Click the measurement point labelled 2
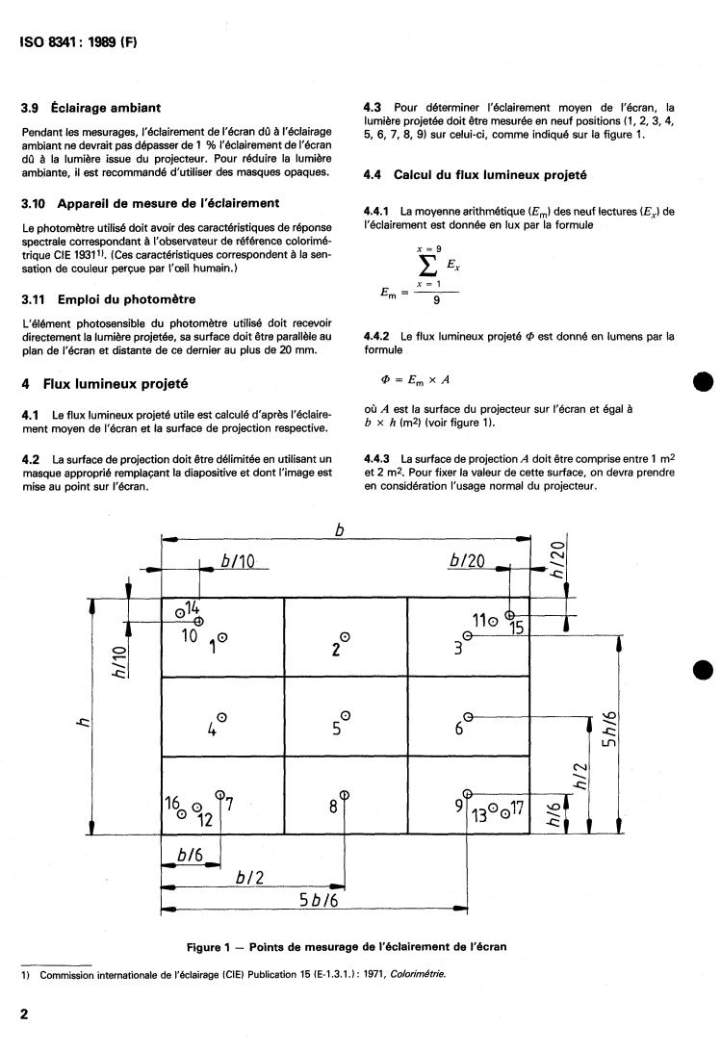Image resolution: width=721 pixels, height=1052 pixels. click(345, 636)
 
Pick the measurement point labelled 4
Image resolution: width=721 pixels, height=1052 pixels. click(222, 716)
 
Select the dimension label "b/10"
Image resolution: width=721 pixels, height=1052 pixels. click(237, 561)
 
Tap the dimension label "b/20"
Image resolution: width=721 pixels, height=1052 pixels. click(469, 561)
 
